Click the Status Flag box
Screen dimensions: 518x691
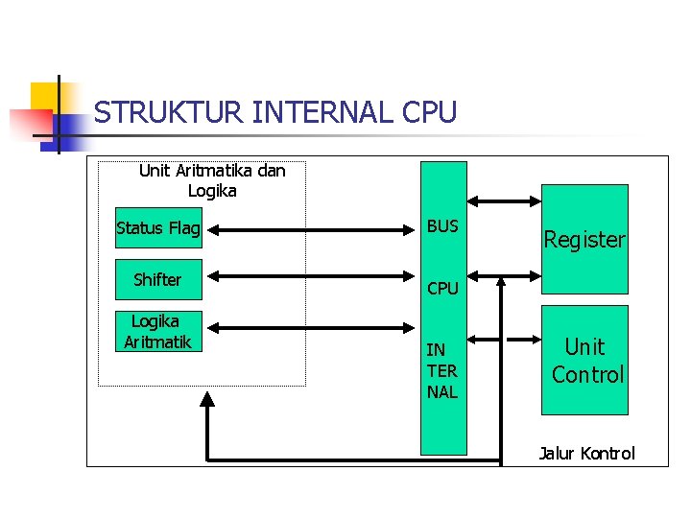pos(158,228)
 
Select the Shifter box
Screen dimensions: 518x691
pos(158,279)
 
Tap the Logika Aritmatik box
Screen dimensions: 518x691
pos(158,332)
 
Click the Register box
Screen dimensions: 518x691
pos(584,240)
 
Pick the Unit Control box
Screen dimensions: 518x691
pos(584,360)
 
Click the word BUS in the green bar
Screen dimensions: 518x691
pos(442,226)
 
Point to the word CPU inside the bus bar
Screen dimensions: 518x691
pos(442,288)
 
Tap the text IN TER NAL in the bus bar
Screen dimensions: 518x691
pos(442,371)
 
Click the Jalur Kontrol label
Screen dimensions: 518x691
pos(586,454)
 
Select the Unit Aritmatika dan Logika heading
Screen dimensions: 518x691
pos(212,180)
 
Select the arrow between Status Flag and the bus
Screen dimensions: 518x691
pos(312,229)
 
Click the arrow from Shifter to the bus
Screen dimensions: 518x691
pos(312,279)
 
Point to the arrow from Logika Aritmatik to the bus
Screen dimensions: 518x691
pos(312,332)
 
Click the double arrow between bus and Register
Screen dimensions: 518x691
pos(504,200)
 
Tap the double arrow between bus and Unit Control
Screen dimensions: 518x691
pos(504,339)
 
